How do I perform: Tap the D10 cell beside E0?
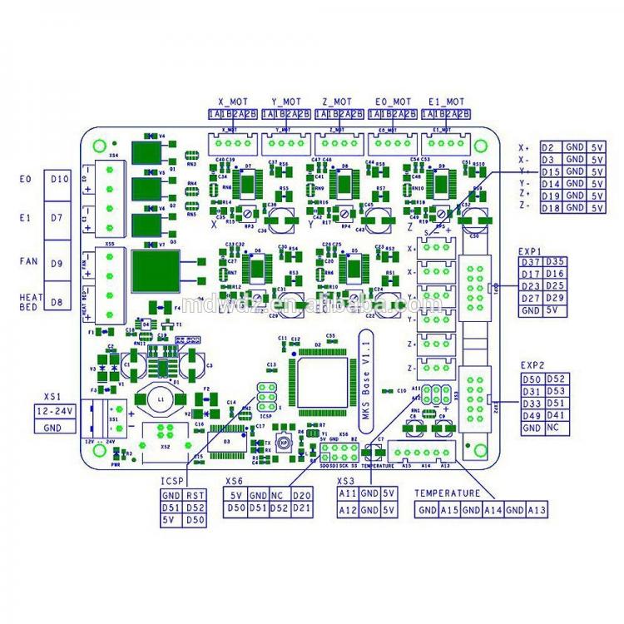click(60, 179)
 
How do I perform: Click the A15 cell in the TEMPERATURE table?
click(449, 510)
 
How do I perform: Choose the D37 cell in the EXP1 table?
click(529, 262)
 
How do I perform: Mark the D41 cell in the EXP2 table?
click(556, 415)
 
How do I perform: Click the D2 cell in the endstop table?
click(549, 146)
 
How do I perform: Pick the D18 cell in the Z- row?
click(549, 206)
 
